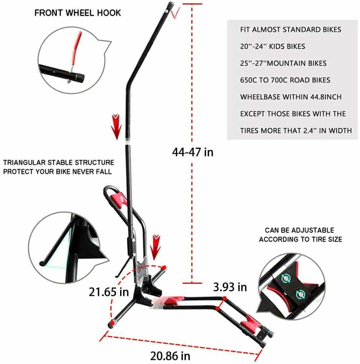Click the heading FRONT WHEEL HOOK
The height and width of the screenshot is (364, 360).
[x=78, y=13]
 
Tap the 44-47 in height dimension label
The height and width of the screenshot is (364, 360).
[x=192, y=152]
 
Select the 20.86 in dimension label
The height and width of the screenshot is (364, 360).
[x=170, y=356]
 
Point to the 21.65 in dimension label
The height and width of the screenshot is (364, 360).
[x=108, y=292]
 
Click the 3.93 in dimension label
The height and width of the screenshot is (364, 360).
[x=230, y=287]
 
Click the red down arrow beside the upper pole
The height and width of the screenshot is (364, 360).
[x=116, y=127]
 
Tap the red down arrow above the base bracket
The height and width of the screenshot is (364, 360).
[x=156, y=248]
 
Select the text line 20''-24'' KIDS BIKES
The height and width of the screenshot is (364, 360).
[x=273, y=46]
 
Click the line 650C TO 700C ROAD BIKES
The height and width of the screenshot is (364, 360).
[x=285, y=80]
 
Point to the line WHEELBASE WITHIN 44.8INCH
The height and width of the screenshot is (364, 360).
[x=291, y=97]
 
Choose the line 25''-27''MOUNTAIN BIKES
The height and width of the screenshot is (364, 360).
[x=283, y=63]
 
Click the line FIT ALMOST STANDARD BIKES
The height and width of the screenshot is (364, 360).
[x=291, y=30]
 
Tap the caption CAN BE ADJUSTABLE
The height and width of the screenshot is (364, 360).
[x=299, y=230]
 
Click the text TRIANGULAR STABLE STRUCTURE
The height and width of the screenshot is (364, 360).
[x=58, y=162]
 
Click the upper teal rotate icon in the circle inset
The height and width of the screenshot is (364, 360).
[x=286, y=278]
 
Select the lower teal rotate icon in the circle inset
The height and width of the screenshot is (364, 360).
[x=301, y=294]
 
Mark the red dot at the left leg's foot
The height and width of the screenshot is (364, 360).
[x=113, y=322]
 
